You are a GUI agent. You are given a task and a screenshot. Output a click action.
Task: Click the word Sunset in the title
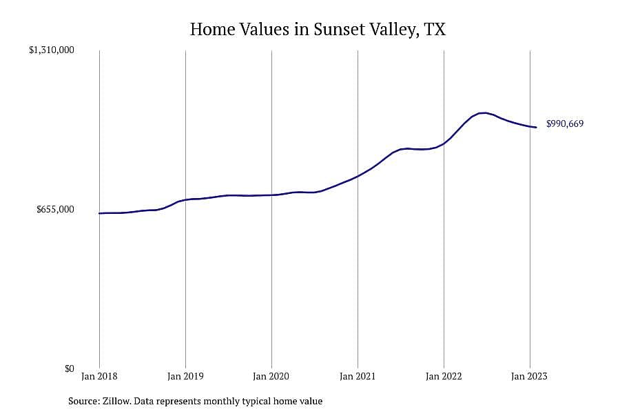tap(339, 29)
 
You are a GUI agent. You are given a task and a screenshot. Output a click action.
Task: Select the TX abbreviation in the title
tap(435, 29)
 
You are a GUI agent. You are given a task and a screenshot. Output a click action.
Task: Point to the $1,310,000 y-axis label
tap(52, 50)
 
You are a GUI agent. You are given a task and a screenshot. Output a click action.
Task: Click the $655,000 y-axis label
tap(55, 209)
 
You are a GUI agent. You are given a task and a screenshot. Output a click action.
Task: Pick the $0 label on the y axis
tap(69, 368)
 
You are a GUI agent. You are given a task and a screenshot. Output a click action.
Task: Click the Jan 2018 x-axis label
tap(99, 376)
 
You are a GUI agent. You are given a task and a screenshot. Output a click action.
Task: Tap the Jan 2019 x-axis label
tap(185, 376)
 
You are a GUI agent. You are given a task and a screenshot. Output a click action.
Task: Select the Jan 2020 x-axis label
tap(271, 376)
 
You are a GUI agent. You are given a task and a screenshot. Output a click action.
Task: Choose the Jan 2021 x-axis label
tap(358, 376)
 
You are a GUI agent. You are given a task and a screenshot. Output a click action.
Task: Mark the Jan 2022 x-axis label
tap(444, 376)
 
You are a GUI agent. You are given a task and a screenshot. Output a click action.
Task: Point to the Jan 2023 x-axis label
tap(530, 376)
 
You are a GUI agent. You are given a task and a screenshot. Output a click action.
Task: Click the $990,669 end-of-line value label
tap(565, 124)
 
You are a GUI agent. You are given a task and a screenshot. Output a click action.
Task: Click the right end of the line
tap(536, 127)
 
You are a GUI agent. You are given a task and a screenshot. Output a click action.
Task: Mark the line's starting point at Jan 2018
tap(99, 213)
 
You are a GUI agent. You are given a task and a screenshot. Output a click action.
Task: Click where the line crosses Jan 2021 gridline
tap(358, 176)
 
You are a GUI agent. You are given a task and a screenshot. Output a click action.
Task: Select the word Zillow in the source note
tap(116, 401)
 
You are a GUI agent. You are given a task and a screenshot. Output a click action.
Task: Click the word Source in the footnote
tap(84, 401)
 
